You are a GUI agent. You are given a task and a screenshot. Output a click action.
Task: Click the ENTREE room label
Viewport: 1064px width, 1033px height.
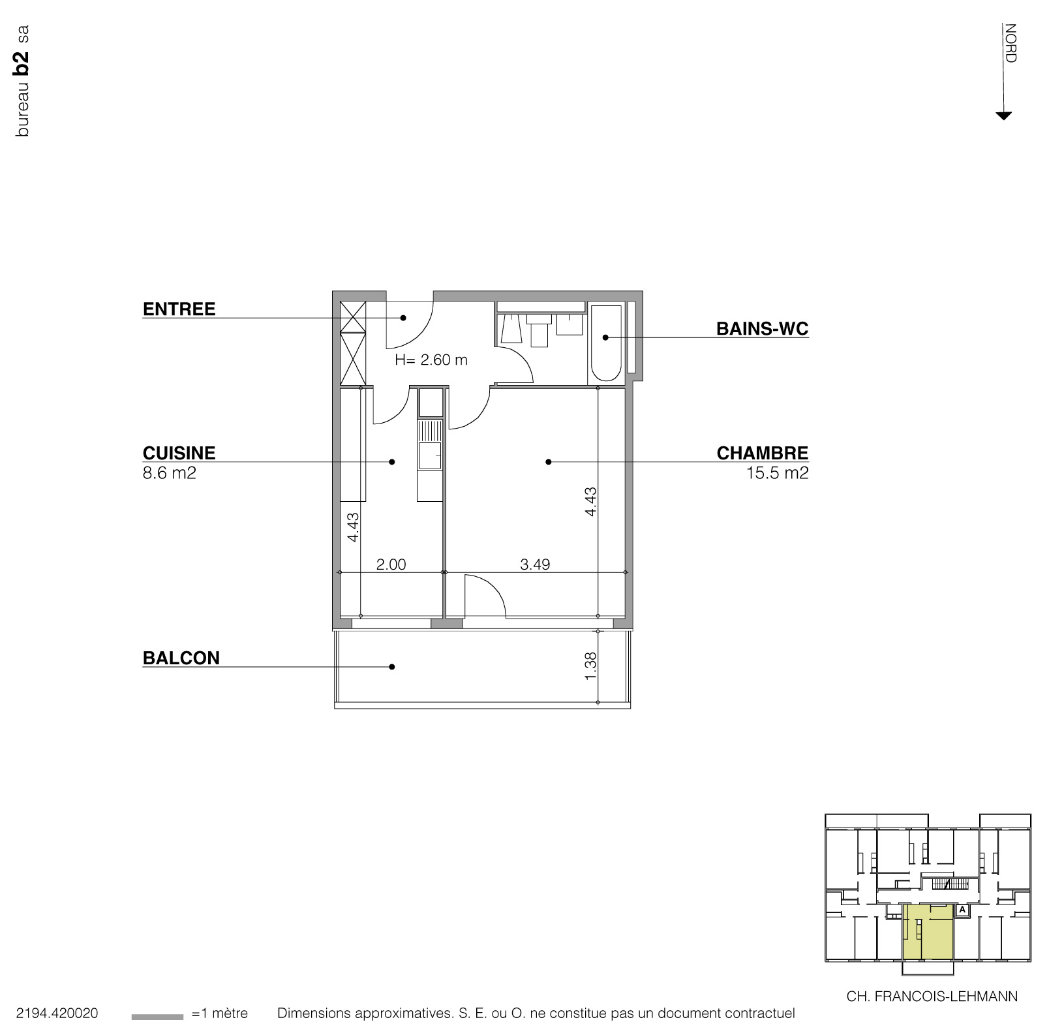[179, 309]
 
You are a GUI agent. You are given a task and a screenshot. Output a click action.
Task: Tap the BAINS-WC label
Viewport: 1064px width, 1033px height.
[762, 329]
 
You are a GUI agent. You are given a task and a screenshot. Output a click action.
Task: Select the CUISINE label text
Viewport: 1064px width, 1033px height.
[179, 453]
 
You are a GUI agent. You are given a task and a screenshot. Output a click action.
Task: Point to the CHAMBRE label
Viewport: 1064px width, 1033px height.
[762, 453]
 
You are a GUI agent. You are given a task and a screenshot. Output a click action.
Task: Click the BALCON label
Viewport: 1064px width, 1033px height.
[181, 658]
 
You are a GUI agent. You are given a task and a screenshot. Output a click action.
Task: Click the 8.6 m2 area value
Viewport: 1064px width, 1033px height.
[169, 473]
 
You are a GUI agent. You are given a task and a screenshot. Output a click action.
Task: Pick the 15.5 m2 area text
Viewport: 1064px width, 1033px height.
[777, 473]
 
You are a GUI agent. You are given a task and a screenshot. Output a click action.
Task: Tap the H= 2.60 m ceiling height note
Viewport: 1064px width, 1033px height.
[431, 360]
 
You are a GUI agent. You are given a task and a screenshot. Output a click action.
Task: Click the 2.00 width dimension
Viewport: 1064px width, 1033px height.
[391, 564]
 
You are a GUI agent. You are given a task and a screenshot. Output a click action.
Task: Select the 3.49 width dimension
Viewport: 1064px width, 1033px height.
[534, 564]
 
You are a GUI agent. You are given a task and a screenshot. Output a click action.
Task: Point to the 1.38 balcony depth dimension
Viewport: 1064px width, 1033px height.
[591, 666]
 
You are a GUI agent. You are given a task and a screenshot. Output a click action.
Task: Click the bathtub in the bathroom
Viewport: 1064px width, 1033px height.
[605, 343]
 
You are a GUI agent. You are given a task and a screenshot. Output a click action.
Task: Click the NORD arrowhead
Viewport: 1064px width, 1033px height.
[1003, 116]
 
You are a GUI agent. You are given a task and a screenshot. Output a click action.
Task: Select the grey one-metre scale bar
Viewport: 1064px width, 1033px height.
[157, 1017]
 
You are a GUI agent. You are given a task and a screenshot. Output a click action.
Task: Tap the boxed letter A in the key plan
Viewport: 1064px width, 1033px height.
[962, 909]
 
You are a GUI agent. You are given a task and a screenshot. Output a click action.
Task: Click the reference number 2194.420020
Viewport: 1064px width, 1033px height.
[56, 1013]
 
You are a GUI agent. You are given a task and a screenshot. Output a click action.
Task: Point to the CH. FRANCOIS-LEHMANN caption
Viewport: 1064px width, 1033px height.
[932, 996]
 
